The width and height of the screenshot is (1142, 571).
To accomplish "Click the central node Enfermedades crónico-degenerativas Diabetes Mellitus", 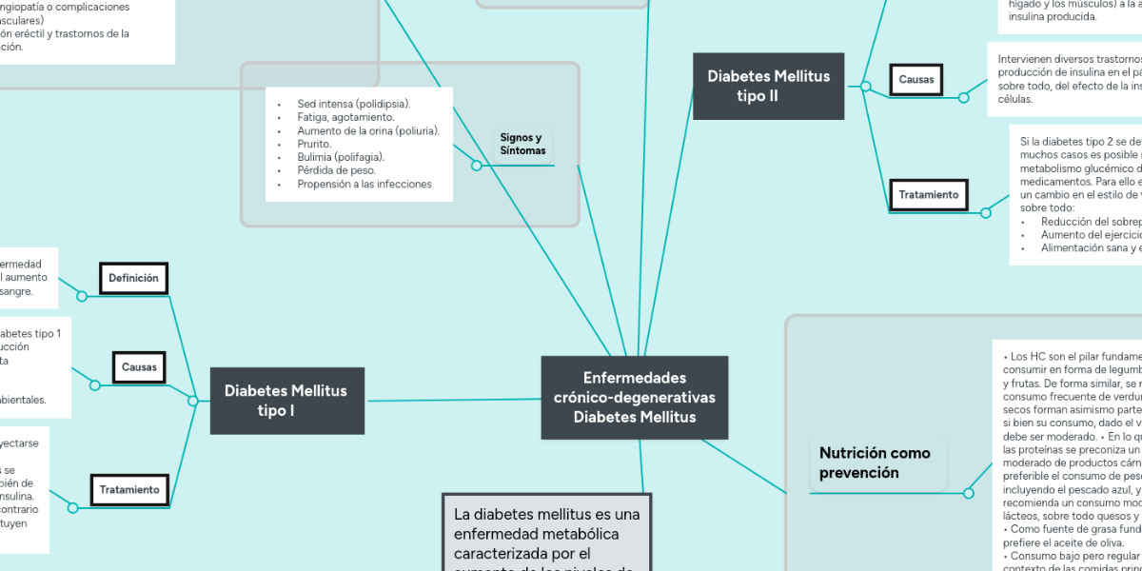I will coord(635,398).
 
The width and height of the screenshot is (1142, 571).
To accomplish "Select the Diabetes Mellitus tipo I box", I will coord(285,401).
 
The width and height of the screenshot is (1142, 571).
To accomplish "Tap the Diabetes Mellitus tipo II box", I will coord(768,86).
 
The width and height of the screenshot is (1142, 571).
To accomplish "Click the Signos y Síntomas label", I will coord(522,144).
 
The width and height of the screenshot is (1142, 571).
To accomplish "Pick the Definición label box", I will coord(133,278).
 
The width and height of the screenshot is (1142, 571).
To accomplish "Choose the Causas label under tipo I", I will coord(139,366).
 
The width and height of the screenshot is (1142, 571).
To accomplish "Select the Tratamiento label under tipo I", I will coord(129,489).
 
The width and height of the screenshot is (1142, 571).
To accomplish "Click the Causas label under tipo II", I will coord(916,80).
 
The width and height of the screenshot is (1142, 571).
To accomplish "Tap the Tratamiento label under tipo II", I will coord(929,195).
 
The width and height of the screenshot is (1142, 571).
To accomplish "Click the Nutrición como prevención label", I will coord(876,463).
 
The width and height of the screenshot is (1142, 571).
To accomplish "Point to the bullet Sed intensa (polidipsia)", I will coord(353,104).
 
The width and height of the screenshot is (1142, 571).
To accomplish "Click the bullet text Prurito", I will coord(314,144).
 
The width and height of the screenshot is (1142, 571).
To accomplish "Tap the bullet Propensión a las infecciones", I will coord(364,184).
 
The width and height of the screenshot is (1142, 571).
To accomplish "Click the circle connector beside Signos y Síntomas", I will coord(477,166).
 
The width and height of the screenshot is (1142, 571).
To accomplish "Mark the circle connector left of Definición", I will coord(82,296).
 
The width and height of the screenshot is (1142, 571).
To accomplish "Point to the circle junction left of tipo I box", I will coord(193,402).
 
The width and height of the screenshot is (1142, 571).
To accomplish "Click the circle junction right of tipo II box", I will coord(865,87).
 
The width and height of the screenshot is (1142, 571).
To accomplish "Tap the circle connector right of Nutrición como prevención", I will coord(969,493).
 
